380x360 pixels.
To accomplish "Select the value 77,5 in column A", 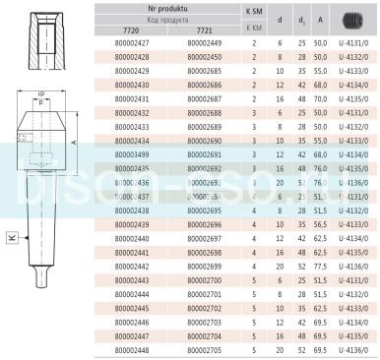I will (x=320, y=266).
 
